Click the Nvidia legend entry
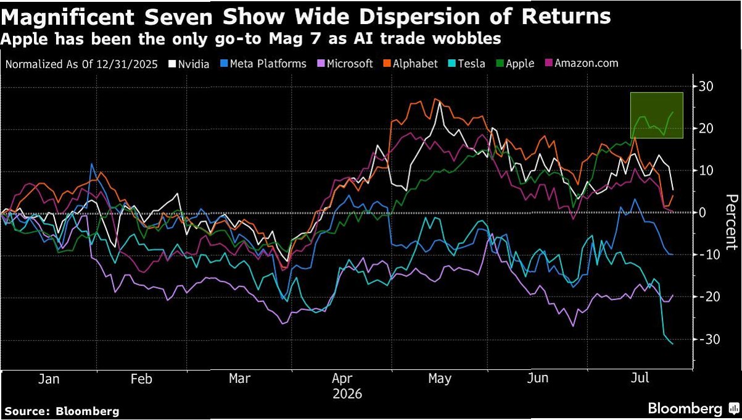pyautogui.click(x=189, y=64)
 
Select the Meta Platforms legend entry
pyautogui.click(x=263, y=64)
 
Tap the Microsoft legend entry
pyautogui.click(x=345, y=64)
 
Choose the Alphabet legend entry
pyautogui.click(x=411, y=64)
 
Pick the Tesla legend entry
pyautogui.click(x=467, y=64)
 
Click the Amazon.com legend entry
pyautogui.click(x=582, y=63)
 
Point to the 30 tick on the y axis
pyautogui.click(x=706, y=87)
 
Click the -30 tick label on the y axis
pyautogui.click(x=704, y=340)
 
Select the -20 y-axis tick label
pyautogui.click(x=704, y=296)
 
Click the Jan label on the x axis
pyautogui.click(x=49, y=379)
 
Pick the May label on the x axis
pyautogui.click(x=440, y=379)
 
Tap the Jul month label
pyautogui.click(x=640, y=378)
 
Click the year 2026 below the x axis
pyautogui.click(x=347, y=394)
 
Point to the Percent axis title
pyautogui.click(x=732, y=222)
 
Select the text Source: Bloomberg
pyautogui.click(x=62, y=411)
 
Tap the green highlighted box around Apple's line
pyautogui.click(x=656, y=93)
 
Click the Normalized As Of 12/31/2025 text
pyautogui.click(x=81, y=64)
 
